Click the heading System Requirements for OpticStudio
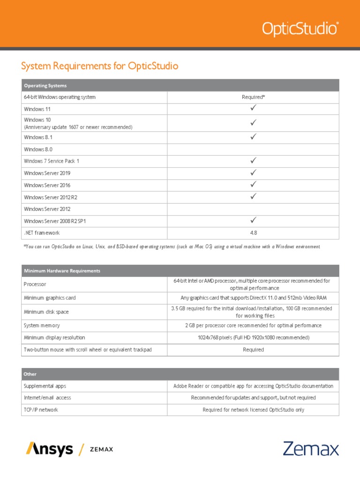[99, 66]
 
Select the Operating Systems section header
[45, 86]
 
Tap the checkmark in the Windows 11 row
[253, 108]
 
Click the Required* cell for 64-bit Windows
[253, 97]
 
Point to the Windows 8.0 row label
[38, 150]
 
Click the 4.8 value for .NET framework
[253, 233]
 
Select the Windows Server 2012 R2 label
[51, 197]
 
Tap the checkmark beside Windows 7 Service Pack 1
[253, 161]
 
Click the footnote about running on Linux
[172, 247]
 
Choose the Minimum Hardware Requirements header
[62, 271]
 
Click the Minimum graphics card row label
[50, 298]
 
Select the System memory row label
[42, 325]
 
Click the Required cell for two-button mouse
[253, 350]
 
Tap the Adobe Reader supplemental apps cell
[253, 386]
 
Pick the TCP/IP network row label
[41, 410]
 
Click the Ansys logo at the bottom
[50, 449]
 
